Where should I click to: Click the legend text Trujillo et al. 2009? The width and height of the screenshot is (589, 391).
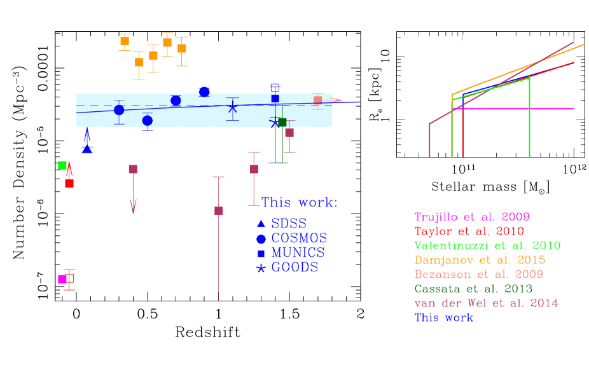point(472,217)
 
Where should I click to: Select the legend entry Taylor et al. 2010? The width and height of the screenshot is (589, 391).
point(469,231)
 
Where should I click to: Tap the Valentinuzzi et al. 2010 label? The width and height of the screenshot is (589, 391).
point(487,245)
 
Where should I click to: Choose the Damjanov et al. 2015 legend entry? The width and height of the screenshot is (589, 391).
point(480,260)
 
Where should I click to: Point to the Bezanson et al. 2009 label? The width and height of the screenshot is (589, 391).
point(478,275)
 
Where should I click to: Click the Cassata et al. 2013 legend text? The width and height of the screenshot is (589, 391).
point(474,289)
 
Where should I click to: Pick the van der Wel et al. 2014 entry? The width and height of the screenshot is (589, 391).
point(486,303)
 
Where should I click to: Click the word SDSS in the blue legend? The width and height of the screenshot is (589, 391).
point(289,224)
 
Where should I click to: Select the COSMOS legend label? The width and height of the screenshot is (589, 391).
point(299,238)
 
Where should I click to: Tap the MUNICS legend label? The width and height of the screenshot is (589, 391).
point(298,252)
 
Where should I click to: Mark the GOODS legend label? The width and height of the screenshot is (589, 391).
point(294,267)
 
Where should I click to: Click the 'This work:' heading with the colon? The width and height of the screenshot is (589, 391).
point(300,203)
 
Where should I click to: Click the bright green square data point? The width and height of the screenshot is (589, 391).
point(62,165)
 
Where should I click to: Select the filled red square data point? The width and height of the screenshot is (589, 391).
point(69,183)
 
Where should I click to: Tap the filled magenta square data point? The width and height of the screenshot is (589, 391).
point(62,278)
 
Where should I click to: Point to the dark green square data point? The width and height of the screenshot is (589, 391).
point(282,122)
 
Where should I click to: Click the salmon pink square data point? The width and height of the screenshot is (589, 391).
point(317,100)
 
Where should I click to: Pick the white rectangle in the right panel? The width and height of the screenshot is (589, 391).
point(474,77)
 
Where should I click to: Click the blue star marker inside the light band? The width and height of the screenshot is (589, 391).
point(233,107)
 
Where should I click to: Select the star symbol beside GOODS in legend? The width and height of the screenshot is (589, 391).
point(261,268)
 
